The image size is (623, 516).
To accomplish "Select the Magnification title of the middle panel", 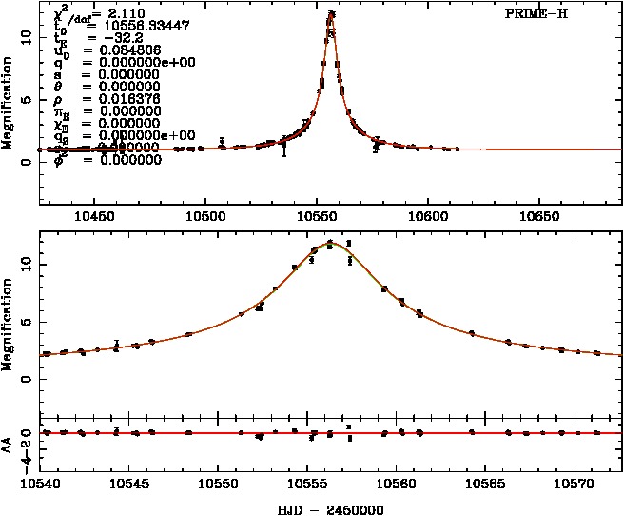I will pos(8,324).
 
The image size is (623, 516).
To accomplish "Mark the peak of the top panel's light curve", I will pos(331,13).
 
